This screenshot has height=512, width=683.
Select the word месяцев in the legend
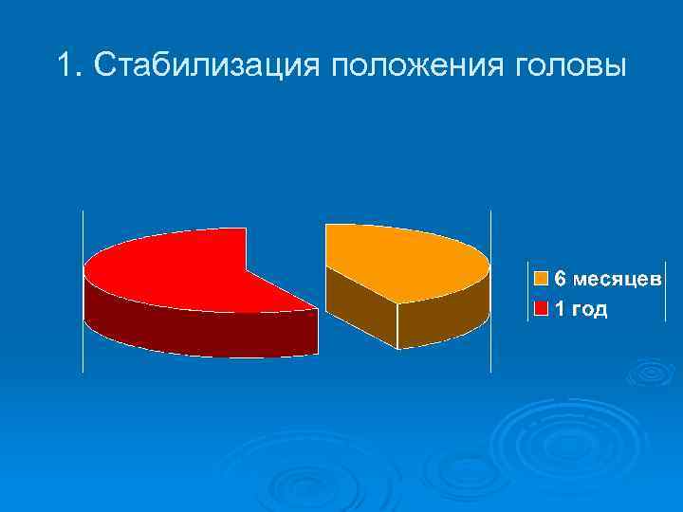click(x=616, y=279)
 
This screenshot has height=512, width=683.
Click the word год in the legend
click(x=589, y=309)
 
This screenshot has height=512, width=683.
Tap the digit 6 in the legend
click(x=560, y=279)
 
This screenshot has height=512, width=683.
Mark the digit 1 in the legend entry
click(x=560, y=309)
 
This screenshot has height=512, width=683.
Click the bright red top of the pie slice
click(x=171, y=270)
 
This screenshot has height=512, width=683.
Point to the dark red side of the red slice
click(x=190, y=332)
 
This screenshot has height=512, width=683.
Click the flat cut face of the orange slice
click(x=360, y=303)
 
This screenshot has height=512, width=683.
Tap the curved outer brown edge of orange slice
click(x=446, y=318)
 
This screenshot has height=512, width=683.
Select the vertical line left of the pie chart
click(x=83, y=289)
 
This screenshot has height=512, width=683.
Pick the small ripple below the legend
click(x=651, y=372)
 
